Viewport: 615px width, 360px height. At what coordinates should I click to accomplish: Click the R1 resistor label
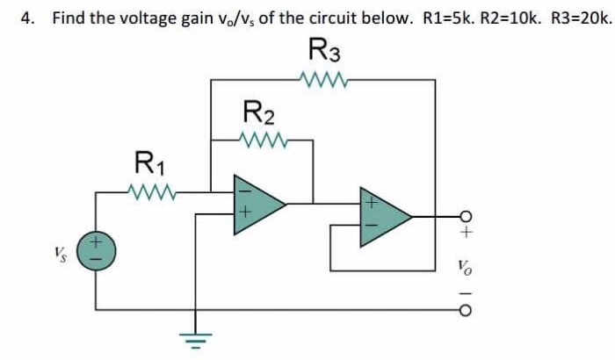coord(149,163)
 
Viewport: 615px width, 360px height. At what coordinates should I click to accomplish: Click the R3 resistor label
coord(325,53)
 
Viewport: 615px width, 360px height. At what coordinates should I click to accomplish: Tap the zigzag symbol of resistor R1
coord(153,190)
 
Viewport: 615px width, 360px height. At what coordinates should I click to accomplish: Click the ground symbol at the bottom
coord(187,338)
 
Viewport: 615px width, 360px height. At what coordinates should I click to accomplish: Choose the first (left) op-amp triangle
coord(255,204)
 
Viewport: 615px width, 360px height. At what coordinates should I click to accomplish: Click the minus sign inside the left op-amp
coord(246,189)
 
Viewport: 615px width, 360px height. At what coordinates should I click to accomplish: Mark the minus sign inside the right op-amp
coord(371,227)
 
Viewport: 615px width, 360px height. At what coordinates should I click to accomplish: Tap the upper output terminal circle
coord(467,216)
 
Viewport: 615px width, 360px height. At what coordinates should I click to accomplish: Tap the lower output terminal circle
coord(467,310)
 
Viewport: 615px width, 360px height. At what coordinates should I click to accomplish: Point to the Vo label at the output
coord(467,263)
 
